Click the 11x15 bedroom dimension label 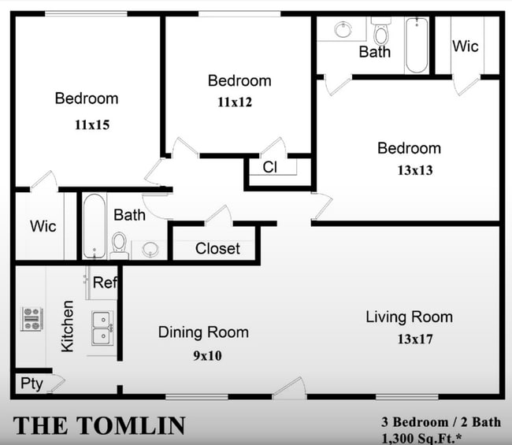[x=92, y=124]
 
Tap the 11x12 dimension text [x=235, y=102]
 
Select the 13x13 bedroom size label [x=415, y=170]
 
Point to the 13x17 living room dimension [x=415, y=339]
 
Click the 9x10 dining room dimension [x=207, y=355]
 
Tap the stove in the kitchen [x=32, y=319]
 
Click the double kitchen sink [x=102, y=328]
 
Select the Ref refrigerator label [x=105, y=283]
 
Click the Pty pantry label [x=32, y=384]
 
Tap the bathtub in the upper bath [x=417, y=46]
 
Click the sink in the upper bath [x=343, y=30]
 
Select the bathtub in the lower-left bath [x=95, y=226]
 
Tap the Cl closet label [x=269, y=168]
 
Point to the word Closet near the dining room [x=217, y=249]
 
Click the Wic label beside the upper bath [x=466, y=46]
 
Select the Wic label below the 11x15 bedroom [x=43, y=226]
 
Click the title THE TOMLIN [x=99, y=426]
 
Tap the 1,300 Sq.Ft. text [x=421, y=439]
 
